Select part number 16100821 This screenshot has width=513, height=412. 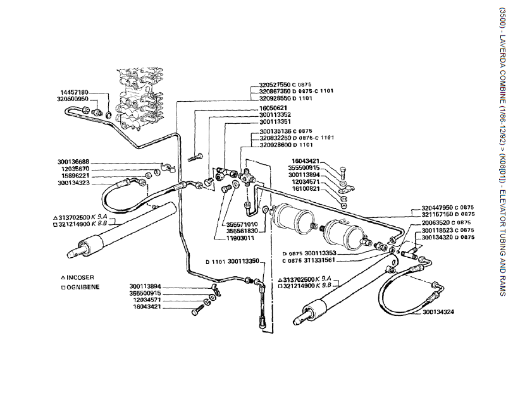click(309, 189)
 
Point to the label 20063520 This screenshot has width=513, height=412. click(439, 222)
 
